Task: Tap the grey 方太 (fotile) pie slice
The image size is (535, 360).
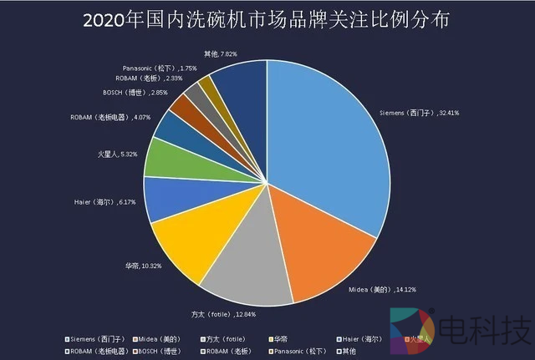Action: coord(251,267)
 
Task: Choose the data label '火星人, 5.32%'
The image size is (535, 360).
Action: coord(116,155)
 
